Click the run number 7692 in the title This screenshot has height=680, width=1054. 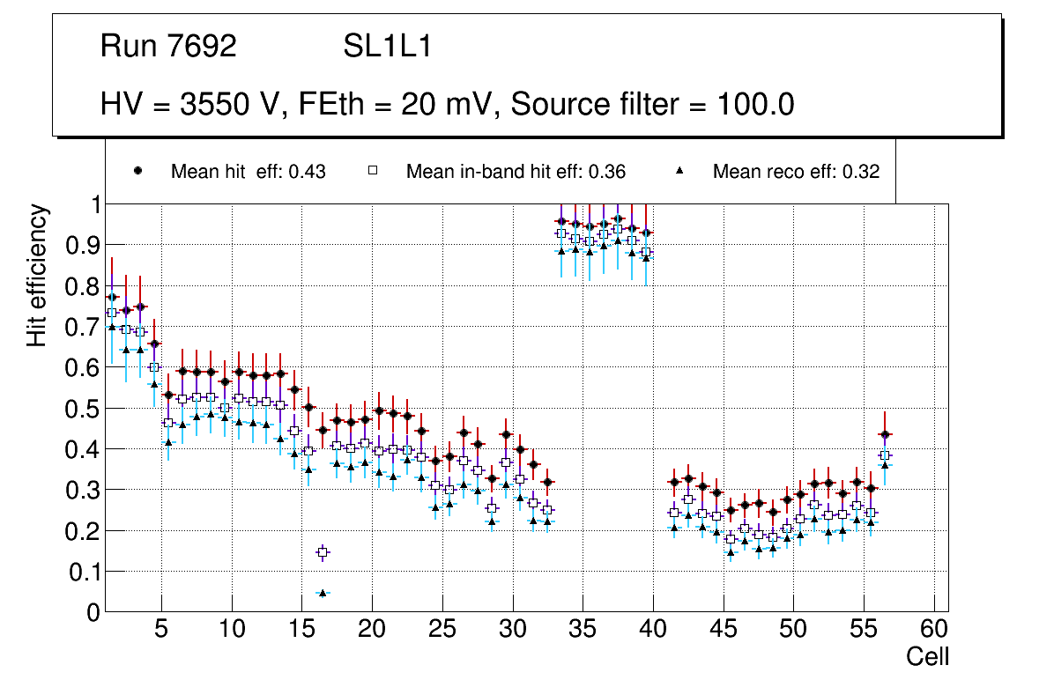coord(203,47)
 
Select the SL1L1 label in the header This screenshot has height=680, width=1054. coord(388,47)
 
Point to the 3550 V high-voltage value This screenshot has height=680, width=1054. coord(234,105)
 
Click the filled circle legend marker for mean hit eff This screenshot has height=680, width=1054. coord(137,172)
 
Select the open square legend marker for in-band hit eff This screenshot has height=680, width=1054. coord(372,172)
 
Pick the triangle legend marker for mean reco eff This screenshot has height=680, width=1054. coord(680,172)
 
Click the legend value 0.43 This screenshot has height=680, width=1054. coord(308,172)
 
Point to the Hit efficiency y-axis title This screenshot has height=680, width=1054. coord(38,275)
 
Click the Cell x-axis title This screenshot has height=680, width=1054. coord(928,656)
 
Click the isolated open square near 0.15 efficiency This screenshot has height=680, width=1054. coord(323,552)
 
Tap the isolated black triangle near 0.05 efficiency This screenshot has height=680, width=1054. coord(323,593)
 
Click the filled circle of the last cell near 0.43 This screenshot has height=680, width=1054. coord(885,434)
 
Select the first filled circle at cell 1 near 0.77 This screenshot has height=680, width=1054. coord(112,297)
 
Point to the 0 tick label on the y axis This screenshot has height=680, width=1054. coord(93,612)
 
